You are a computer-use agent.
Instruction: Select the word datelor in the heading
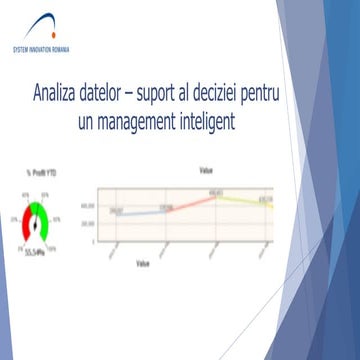(x=118, y=97)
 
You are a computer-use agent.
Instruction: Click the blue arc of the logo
(x=40, y=25)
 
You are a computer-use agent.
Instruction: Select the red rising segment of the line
(x=196, y=201)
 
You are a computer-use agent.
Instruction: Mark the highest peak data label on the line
(x=215, y=191)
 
